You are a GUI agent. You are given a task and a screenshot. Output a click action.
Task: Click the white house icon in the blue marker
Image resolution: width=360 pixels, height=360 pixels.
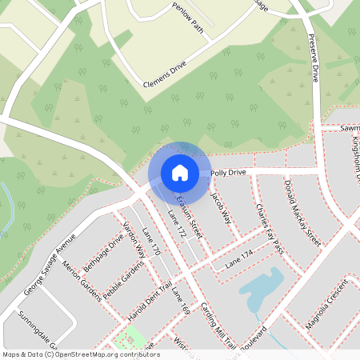[x=179, y=172]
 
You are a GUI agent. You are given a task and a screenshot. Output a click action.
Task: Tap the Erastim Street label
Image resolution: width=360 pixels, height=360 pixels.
[x=190, y=212]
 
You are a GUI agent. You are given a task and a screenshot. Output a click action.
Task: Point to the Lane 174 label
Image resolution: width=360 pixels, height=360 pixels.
[x=238, y=258]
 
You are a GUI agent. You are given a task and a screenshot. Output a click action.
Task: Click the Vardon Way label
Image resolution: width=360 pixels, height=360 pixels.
[x=133, y=238]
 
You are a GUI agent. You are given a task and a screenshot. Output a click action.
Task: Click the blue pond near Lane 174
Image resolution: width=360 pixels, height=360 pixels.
[x=260, y=288]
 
